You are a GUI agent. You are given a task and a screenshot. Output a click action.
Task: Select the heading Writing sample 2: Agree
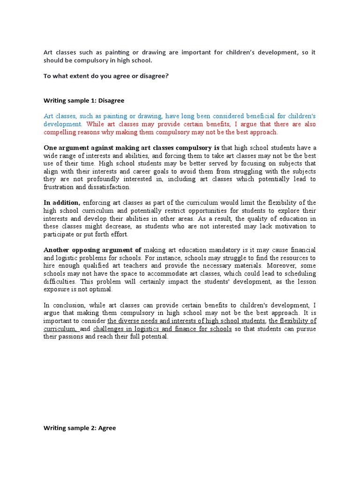click(80, 428)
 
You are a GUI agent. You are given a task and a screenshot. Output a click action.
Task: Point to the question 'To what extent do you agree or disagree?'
click(106, 76)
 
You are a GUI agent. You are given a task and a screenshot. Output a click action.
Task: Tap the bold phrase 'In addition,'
click(62, 202)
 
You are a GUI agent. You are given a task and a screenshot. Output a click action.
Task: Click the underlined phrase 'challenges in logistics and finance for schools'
click(162, 329)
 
